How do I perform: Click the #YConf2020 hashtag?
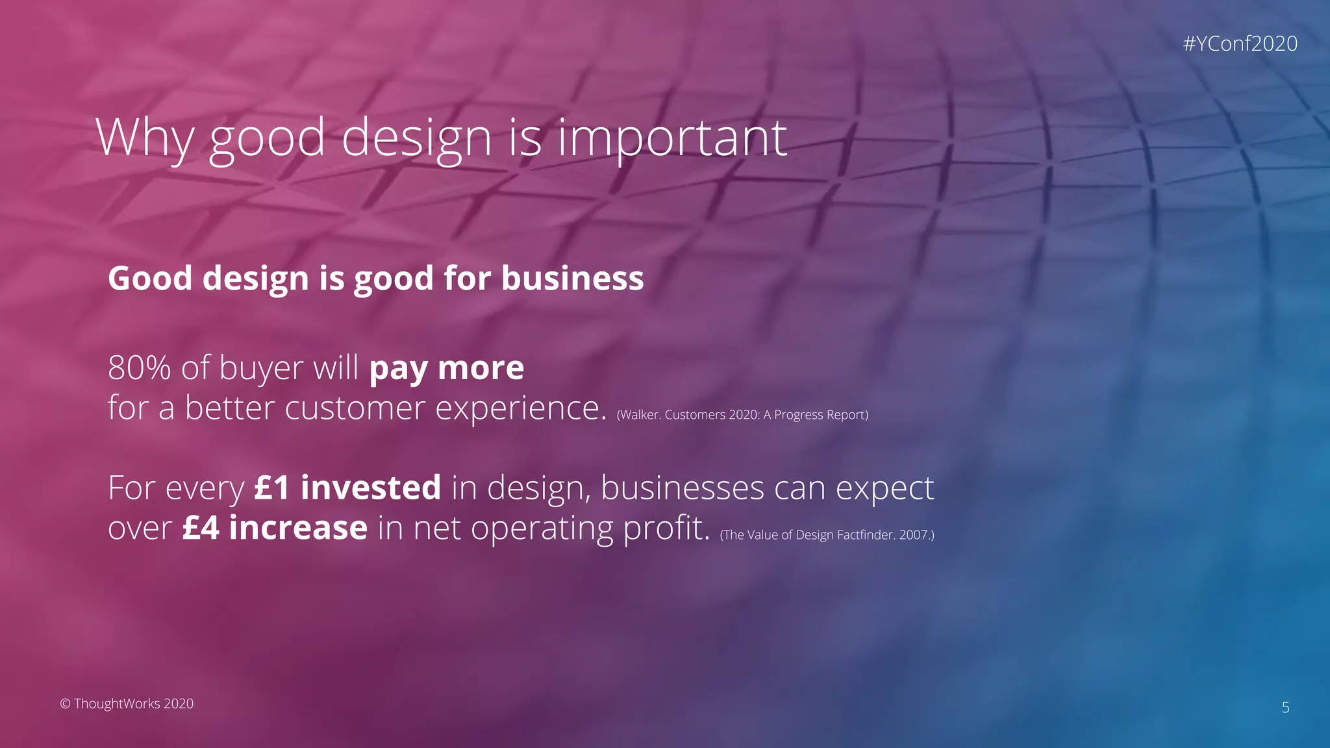pyautogui.click(x=1240, y=44)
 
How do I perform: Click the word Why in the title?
pyautogui.click(x=145, y=138)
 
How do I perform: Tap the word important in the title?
pyautogui.click(x=672, y=138)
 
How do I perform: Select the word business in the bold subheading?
pyautogui.click(x=572, y=279)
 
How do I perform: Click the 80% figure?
pyautogui.click(x=140, y=368)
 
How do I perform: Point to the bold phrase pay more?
pyautogui.click(x=446, y=368)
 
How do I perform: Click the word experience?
pyautogui.click(x=520, y=408)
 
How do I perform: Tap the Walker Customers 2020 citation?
pyautogui.click(x=742, y=415)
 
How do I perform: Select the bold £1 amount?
pyautogui.click(x=271, y=488)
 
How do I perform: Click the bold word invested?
pyautogui.click(x=371, y=488)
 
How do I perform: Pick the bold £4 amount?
pyautogui.click(x=201, y=527)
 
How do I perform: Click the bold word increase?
pyautogui.click(x=298, y=527)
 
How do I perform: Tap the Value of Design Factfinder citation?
pyautogui.click(x=827, y=535)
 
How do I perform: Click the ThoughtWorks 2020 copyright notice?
pyautogui.click(x=127, y=704)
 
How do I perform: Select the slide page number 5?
pyautogui.click(x=1285, y=708)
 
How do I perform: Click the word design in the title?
pyautogui.click(x=416, y=138)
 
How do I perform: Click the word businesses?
pyautogui.click(x=682, y=488)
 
